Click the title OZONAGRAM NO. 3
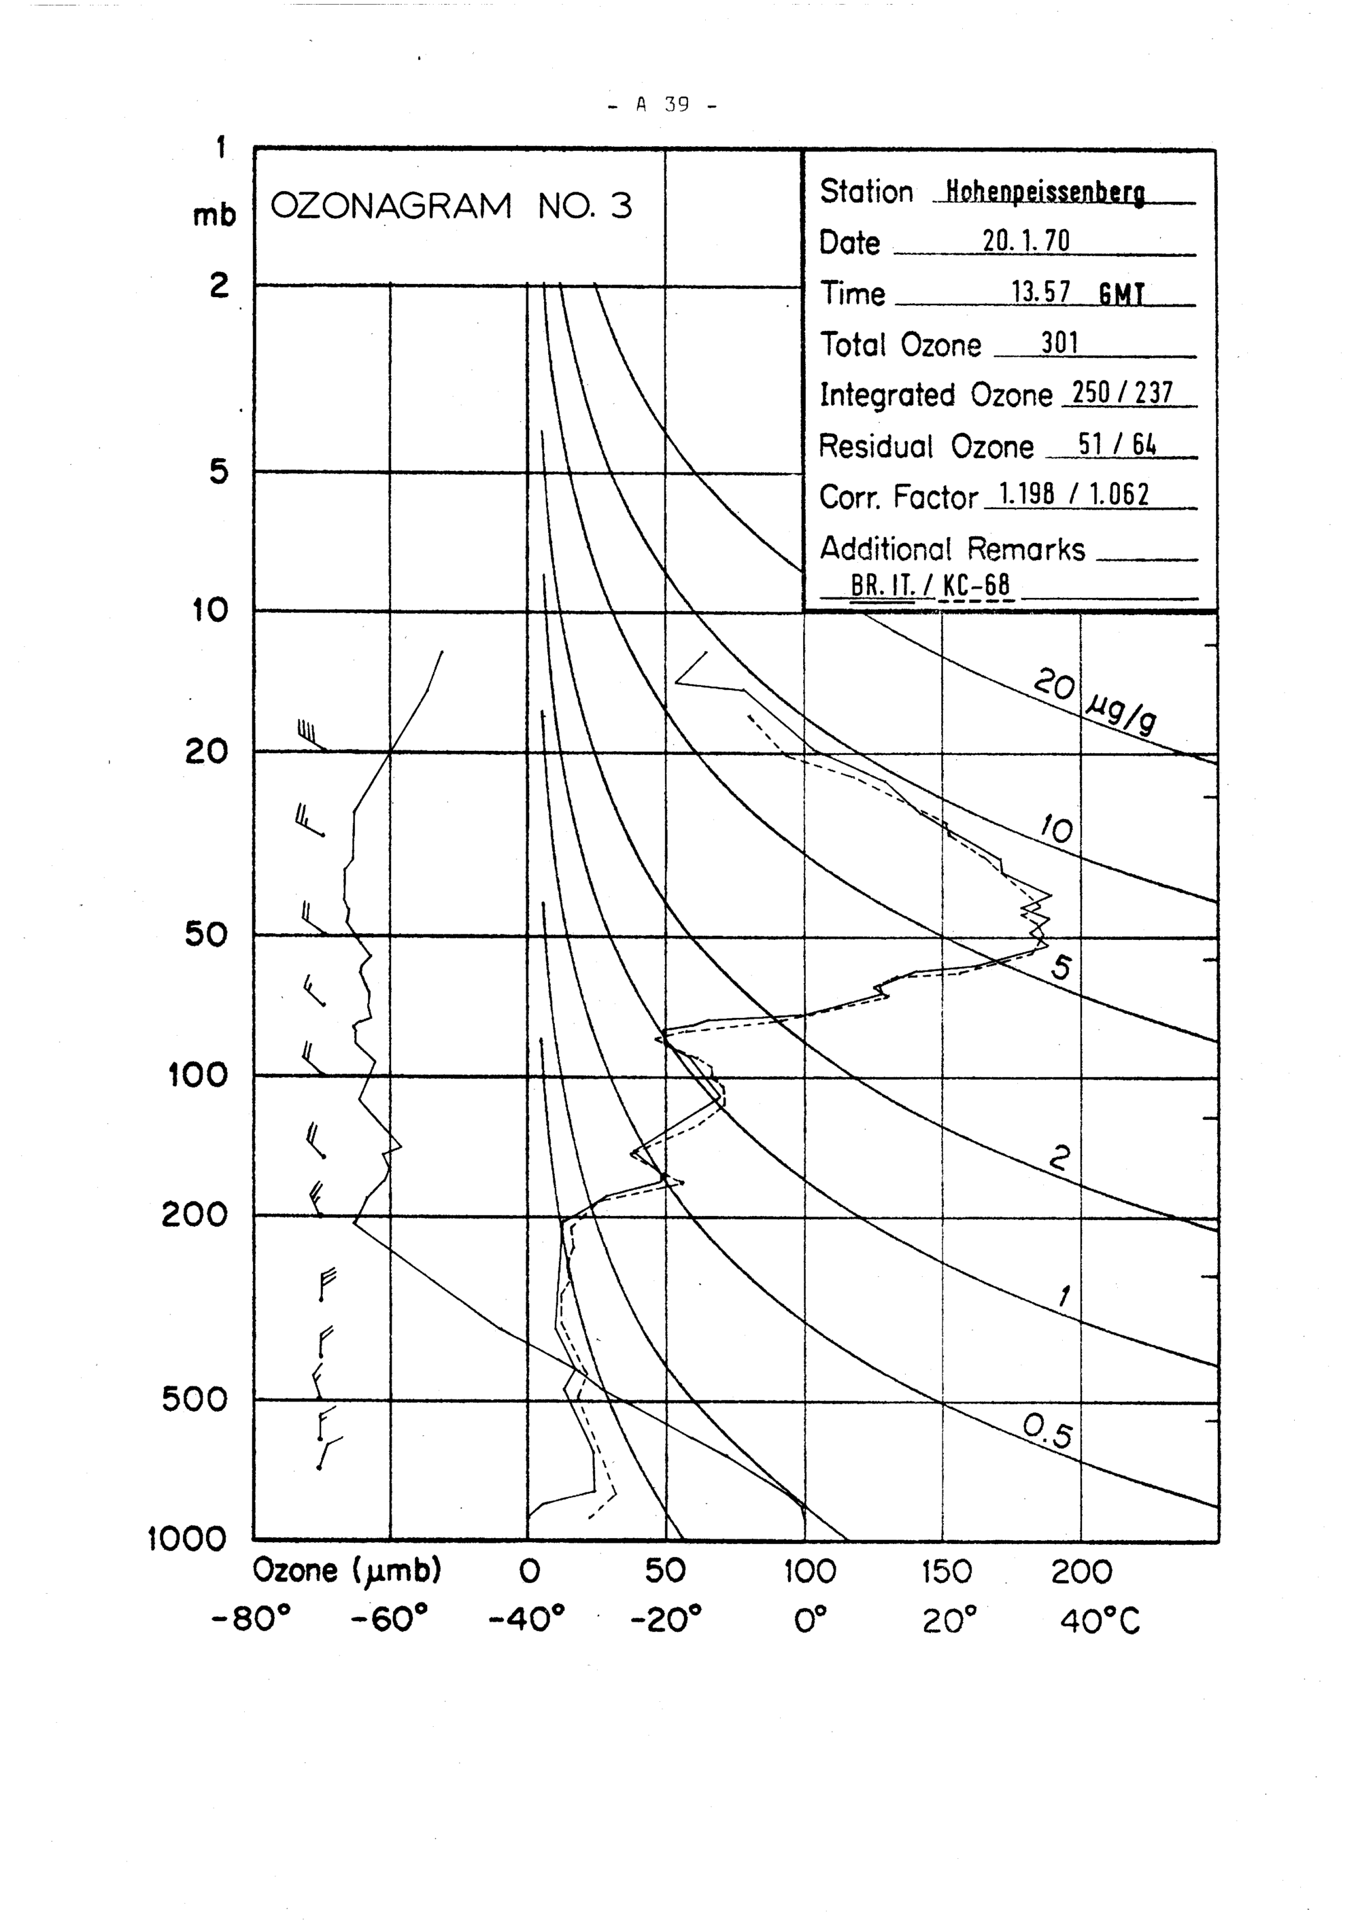pyautogui.click(x=451, y=206)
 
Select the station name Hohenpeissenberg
pyautogui.click(x=1044, y=192)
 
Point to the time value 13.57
pyautogui.click(x=1041, y=292)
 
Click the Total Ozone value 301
pyautogui.click(x=1059, y=343)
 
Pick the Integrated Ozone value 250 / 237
pyautogui.click(x=1122, y=393)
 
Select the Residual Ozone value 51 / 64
pyautogui.click(x=1117, y=444)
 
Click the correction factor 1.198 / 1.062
pyautogui.click(x=1074, y=495)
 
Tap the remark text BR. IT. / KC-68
pyautogui.click(x=930, y=585)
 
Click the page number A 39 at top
pyautogui.click(x=662, y=105)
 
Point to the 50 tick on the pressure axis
pyautogui.click(x=206, y=934)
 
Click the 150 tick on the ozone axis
pyautogui.click(x=947, y=1572)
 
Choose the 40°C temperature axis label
pyautogui.click(x=1099, y=1622)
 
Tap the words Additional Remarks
pyautogui.click(x=951, y=549)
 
